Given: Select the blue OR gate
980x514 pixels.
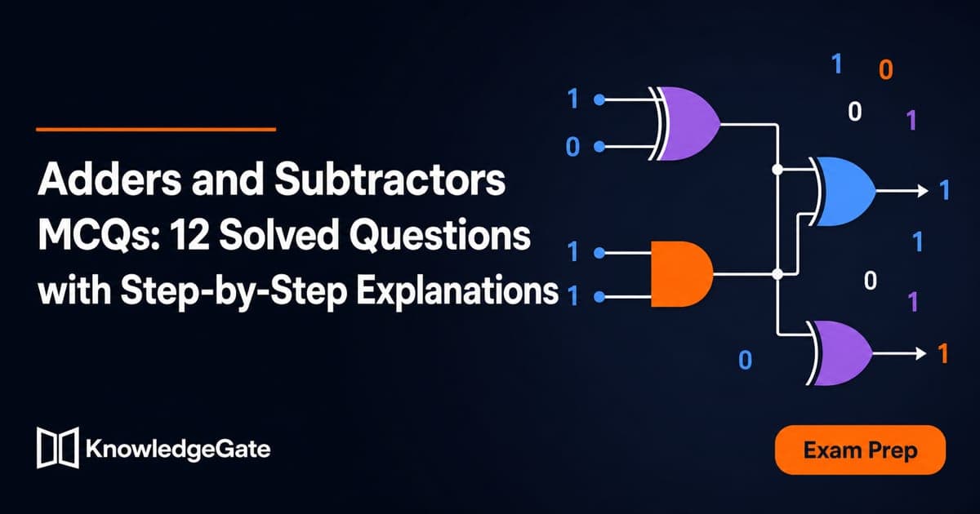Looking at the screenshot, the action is tap(842, 192).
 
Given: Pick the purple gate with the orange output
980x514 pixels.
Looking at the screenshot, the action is tap(839, 353).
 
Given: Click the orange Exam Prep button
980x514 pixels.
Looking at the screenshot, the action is tap(860, 450).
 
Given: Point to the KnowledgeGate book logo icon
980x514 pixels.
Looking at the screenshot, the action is tap(58, 448).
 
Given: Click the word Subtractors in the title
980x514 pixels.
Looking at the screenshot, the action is tap(390, 179).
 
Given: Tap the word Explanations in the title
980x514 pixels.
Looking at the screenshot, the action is tap(457, 292).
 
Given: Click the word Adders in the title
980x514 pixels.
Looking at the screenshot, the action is tap(109, 179).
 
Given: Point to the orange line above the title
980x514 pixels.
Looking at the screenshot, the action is tap(156, 130).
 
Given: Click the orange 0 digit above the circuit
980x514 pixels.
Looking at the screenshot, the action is tap(886, 70).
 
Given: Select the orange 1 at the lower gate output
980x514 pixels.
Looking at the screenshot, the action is tap(942, 353).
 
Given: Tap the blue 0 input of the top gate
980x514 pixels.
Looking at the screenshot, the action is tap(572, 146).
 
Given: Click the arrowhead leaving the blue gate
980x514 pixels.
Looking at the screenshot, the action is tap(923, 191).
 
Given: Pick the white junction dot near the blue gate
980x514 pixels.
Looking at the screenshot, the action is tap(777, 169).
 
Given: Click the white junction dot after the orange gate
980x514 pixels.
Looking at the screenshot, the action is tap(777, 274).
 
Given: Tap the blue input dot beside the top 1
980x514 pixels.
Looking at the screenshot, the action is tap(599, 100).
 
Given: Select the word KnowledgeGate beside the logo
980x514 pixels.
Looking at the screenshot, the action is tap(178, 450).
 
